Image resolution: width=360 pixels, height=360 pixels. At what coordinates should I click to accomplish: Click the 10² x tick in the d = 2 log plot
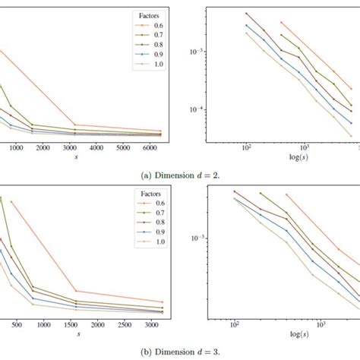click(x=247, y=149)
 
